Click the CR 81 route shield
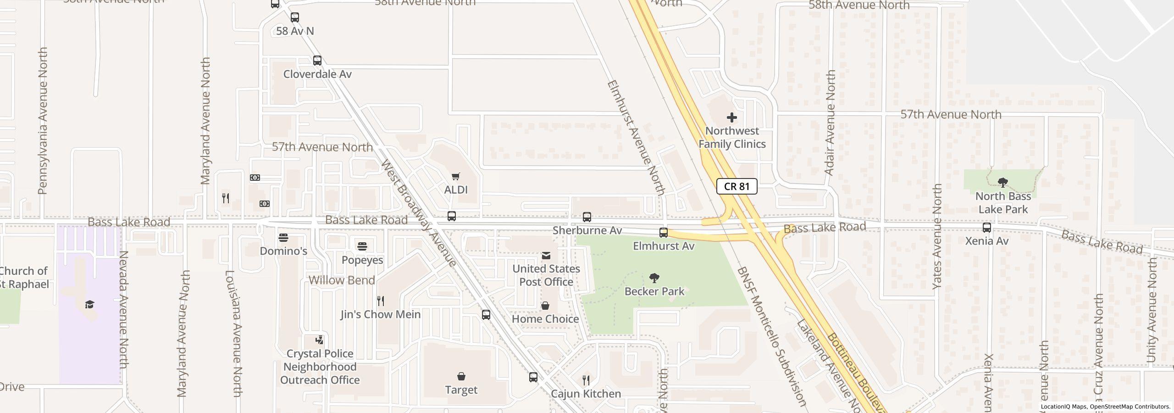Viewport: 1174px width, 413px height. (x=737, y=186)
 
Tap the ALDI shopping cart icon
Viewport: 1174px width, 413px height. (x=455, y=177)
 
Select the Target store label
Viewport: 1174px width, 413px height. (x=461, y=390)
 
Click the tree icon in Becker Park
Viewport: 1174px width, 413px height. (x=654, y=278)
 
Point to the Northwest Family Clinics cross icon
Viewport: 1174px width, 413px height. (x=731, y=117)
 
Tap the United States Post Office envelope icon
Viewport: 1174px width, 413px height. (x=546, y=256)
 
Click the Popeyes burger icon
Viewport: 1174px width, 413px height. (x=362, y=246)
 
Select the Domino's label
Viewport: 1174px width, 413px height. (x=283, y=251)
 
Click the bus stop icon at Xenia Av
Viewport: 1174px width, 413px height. (x=986, y=228)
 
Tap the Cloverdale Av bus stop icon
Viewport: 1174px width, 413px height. (x=317, y=61)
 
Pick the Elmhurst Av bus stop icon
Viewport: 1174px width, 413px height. (x=663, y=233)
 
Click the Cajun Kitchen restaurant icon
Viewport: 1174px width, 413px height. (x=586, y=380)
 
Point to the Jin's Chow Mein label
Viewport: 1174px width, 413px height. (x=380, y=314)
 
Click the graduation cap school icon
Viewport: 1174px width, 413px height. (x=89, y=304)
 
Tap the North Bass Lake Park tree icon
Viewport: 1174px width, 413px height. (x=1002, y=183)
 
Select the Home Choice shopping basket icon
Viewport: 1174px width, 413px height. (x=545, y=306)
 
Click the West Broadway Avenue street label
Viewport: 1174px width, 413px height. (x=418, y=213)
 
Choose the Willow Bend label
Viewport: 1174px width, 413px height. (x=342, y=280)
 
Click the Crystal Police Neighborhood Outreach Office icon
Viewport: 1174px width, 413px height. (x=319, y=340)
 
